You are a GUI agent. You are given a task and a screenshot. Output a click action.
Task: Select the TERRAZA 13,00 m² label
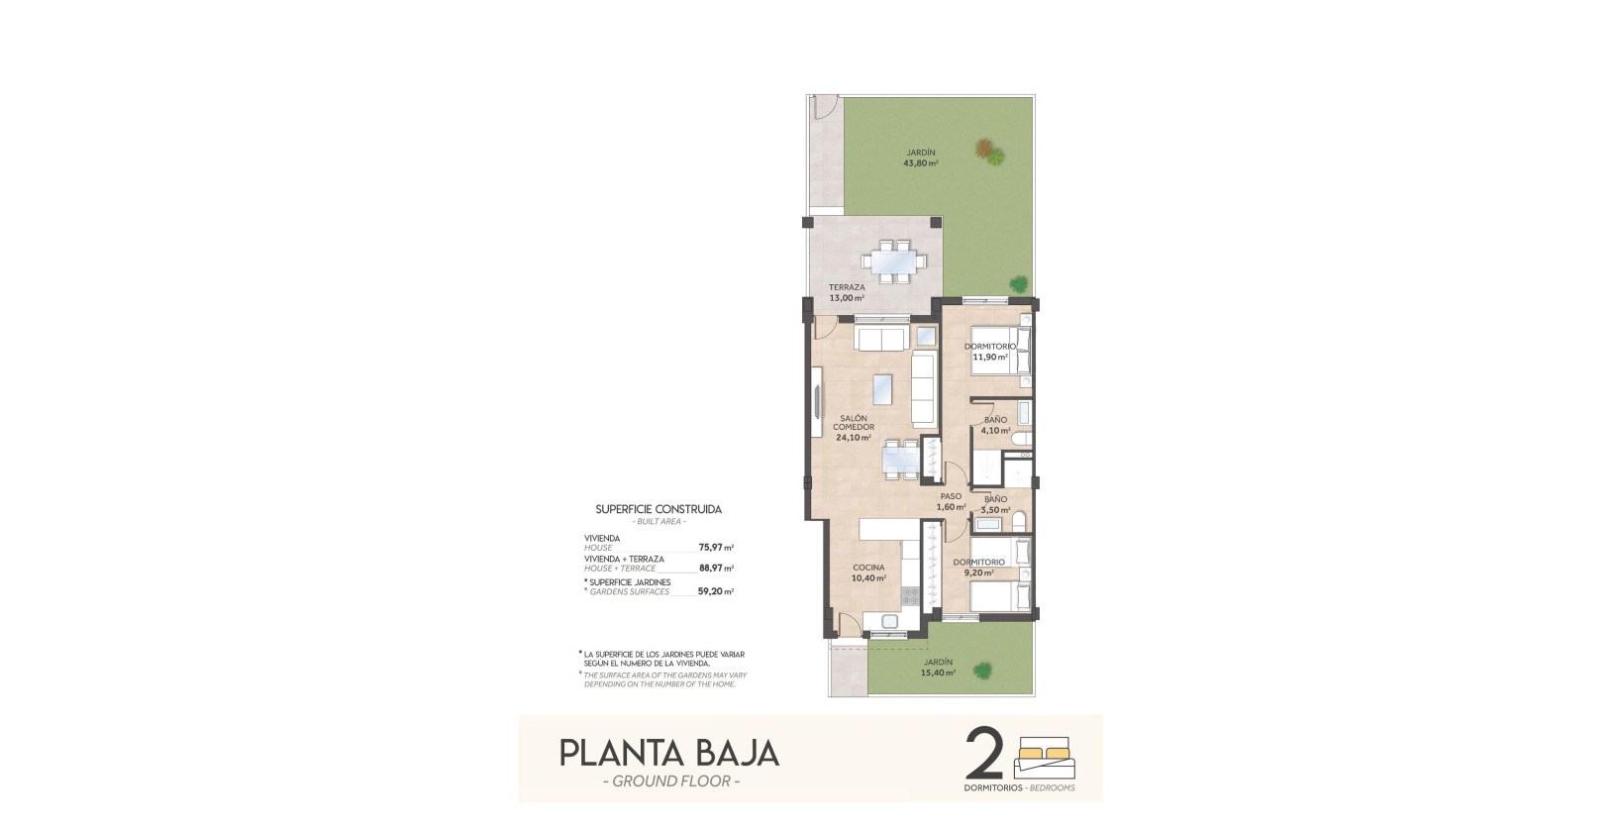pos(847,292)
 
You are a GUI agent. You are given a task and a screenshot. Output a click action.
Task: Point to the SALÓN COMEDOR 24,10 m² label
pos(853,428)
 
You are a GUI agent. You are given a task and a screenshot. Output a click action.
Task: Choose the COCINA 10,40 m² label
pos(868,572)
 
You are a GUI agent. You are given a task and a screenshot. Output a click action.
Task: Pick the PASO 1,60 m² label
pos(951,502)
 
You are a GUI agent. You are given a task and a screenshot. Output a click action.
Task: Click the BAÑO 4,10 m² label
pos(994,426)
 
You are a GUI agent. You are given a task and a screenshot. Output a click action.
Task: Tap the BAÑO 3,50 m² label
pos(994,505)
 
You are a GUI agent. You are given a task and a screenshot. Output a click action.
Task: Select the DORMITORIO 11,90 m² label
pos(990,352)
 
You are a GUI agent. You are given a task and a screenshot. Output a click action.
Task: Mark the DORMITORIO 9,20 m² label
pos(978,567)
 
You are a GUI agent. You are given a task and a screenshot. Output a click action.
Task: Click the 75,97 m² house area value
pos(715,547)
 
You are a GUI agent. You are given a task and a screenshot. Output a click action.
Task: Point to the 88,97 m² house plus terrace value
pos(715,569)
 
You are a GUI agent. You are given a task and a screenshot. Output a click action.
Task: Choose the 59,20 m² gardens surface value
pos(715,591)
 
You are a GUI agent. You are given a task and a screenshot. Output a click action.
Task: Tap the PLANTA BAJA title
pos(669,753)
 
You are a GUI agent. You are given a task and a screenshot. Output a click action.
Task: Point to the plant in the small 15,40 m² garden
pos(982,671)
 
